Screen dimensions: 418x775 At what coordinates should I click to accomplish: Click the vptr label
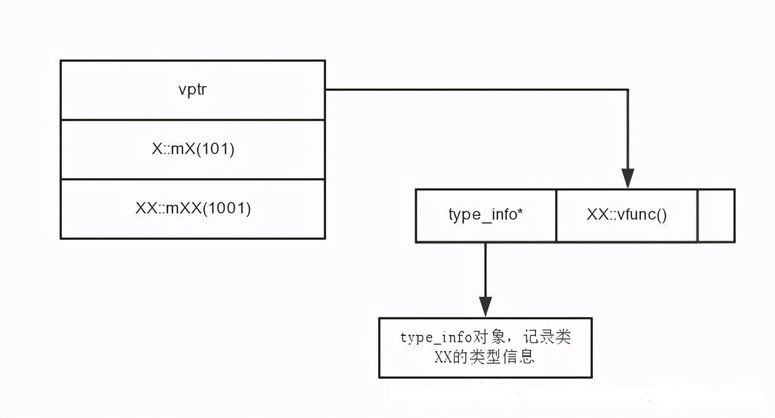(192, 90)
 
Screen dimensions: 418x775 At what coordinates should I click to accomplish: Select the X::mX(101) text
(192, 150)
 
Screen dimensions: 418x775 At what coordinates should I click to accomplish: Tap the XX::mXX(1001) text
(193, 209)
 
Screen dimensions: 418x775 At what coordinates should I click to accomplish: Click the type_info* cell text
(485, 215)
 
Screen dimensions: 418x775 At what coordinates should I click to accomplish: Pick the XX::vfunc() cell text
(626, 215)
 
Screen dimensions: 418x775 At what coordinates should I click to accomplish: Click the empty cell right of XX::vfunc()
(716, 215)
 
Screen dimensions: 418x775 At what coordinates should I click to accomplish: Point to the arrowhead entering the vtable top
(628, 179)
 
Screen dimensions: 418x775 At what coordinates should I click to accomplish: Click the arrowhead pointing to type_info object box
(485, 308)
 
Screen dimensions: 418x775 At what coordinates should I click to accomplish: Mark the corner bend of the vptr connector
(628, 90)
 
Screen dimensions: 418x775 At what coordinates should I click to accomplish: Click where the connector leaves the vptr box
(326, 90)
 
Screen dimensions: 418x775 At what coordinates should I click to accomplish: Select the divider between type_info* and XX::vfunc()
(556, 215)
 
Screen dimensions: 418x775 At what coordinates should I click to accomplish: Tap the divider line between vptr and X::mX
(192, 119)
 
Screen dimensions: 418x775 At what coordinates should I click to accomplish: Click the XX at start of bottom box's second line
(442, 357)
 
